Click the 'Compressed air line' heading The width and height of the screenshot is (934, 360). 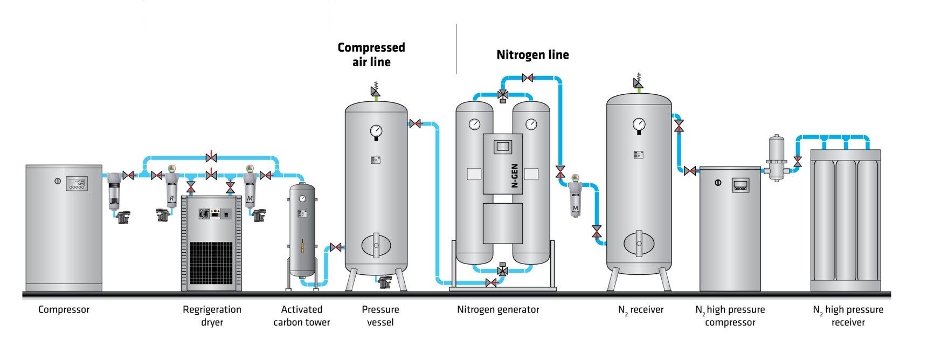(x=371, y=54)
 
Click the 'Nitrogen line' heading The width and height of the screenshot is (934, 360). (x=532, y=54)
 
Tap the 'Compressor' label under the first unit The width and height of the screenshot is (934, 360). (x=64, y=309)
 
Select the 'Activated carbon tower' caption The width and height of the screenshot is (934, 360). (x=301, y=316)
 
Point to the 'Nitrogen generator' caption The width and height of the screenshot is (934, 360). (x=498, y=309)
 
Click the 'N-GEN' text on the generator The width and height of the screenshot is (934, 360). (x=515, y=176)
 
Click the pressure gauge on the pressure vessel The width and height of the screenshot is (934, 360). (x=376, y=131)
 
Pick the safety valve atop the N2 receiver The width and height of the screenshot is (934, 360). (x=639, y=81)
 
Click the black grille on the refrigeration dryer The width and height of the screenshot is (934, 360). (x=211, y=263)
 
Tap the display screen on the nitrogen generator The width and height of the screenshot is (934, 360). (x=503, y=147)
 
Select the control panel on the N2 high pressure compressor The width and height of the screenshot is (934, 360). (x=741, y=185)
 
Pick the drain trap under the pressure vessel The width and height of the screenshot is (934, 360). (x=385, y=281)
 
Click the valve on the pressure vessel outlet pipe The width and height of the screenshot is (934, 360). (x=415, y=123)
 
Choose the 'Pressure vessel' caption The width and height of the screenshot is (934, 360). (x=380, y=316)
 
